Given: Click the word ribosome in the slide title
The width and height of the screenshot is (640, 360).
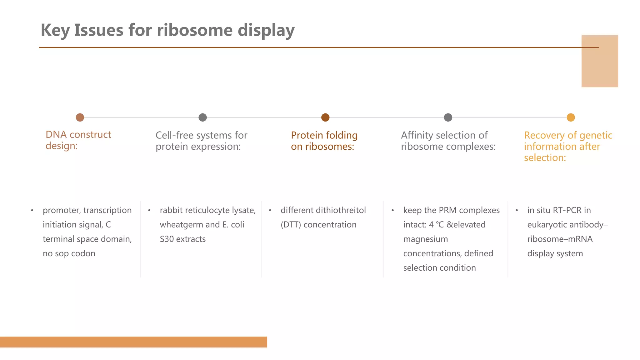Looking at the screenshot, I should (x=195, y=30).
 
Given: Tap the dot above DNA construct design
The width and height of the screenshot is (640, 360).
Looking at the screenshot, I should (x=80, y=117).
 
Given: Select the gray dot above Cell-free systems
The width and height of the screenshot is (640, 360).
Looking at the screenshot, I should (x=202, y=117).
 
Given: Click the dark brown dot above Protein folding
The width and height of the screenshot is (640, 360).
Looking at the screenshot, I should (x=325, y=117).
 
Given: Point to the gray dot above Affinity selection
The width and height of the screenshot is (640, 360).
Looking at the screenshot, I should (x=448, y=117).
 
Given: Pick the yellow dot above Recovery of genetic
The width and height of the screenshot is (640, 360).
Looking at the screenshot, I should (x=571, y=117).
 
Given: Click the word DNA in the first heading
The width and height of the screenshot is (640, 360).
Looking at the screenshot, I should (x=56, y=135).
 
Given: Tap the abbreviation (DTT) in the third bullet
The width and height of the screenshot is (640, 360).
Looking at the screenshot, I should (x=291, y=225).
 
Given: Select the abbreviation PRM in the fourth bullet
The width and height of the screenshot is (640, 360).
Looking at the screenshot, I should (x=447, y=210).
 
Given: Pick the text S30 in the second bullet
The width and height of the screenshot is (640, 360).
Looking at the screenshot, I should (x=167, y=239).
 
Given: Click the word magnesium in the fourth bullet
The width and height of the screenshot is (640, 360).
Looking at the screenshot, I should (x=425, y=239).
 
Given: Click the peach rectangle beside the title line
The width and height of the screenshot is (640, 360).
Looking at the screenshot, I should (x=599, y=61).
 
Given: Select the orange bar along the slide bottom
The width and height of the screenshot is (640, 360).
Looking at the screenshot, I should (x=133, y=342).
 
